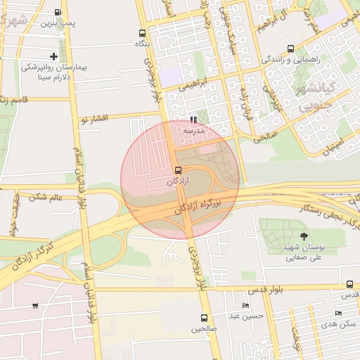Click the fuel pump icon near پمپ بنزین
(57, 12)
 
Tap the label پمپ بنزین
(57, 23)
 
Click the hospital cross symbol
(54, 56)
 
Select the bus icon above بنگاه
(143, 33)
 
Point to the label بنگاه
(143, 44)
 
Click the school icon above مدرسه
(193, 120)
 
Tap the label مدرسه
(193, 131)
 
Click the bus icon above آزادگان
(178, 170)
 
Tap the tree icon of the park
(304, 237)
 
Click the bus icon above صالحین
(205, 318)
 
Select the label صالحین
(204, 328)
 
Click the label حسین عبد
(249, 316)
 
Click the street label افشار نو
(95, 120)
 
